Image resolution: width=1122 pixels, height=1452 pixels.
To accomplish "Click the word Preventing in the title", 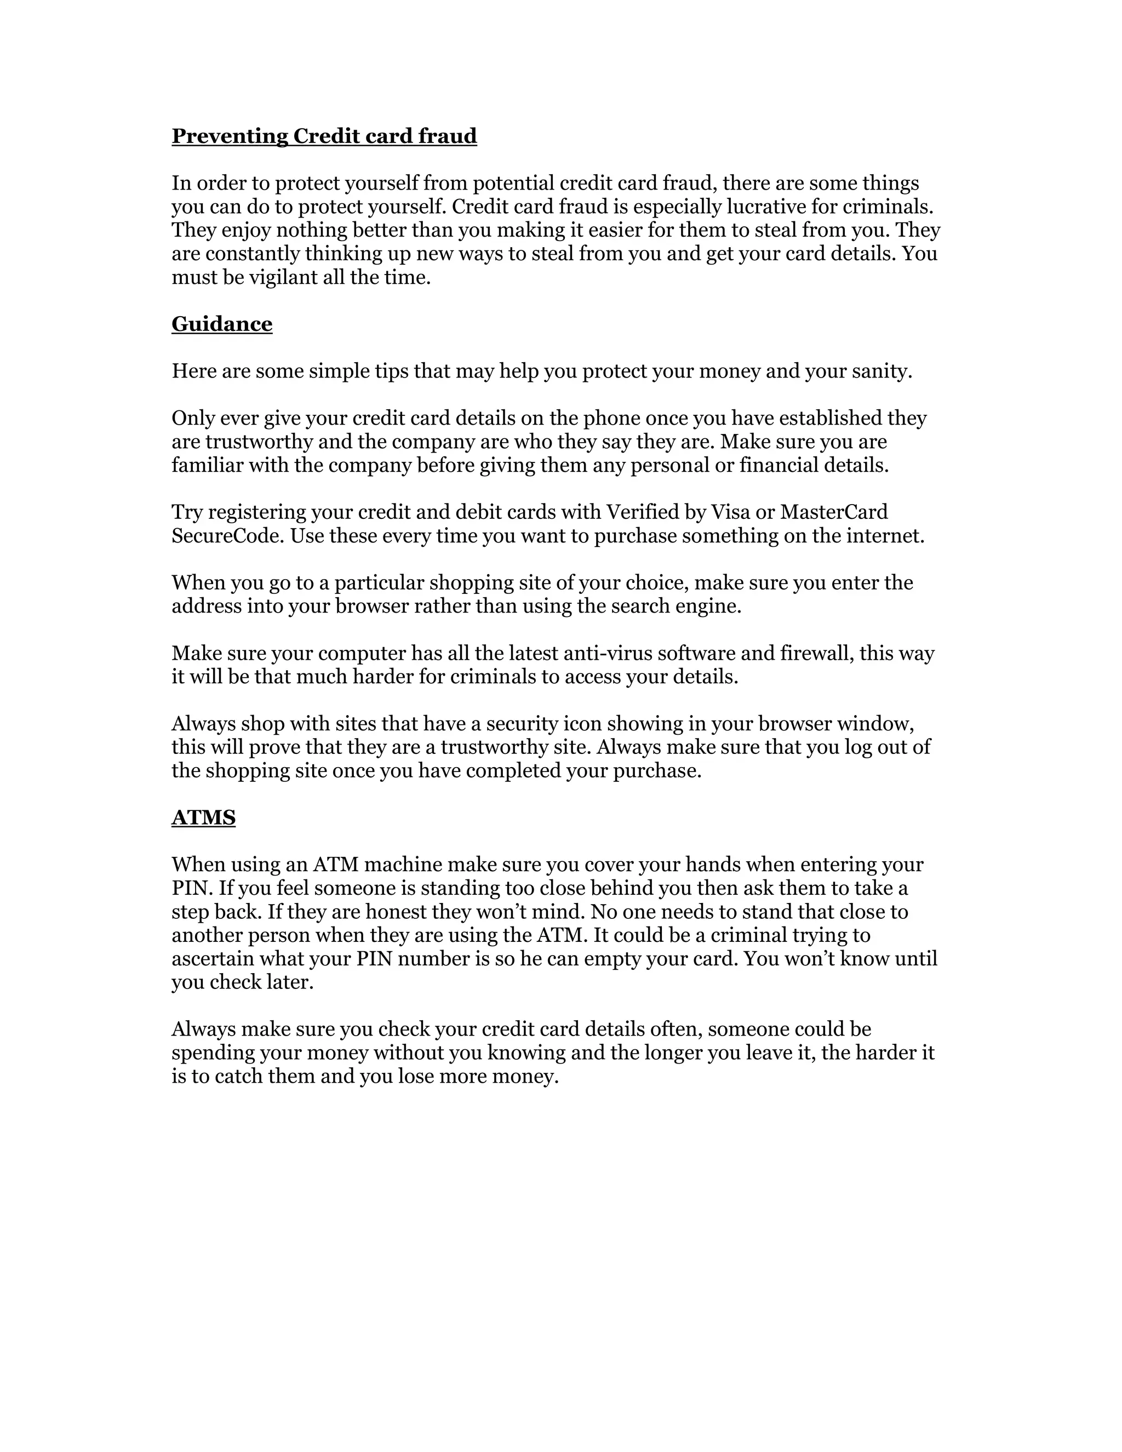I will point(230,136).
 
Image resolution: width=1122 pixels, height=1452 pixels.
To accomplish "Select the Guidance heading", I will point(222,324).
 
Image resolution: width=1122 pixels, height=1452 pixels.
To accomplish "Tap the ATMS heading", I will point(203,818).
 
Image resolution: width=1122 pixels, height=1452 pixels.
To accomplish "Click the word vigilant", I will point(283,277).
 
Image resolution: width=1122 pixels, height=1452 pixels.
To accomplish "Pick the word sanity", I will point(882,371).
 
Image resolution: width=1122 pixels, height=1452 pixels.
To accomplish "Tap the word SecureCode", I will point(228,536).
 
